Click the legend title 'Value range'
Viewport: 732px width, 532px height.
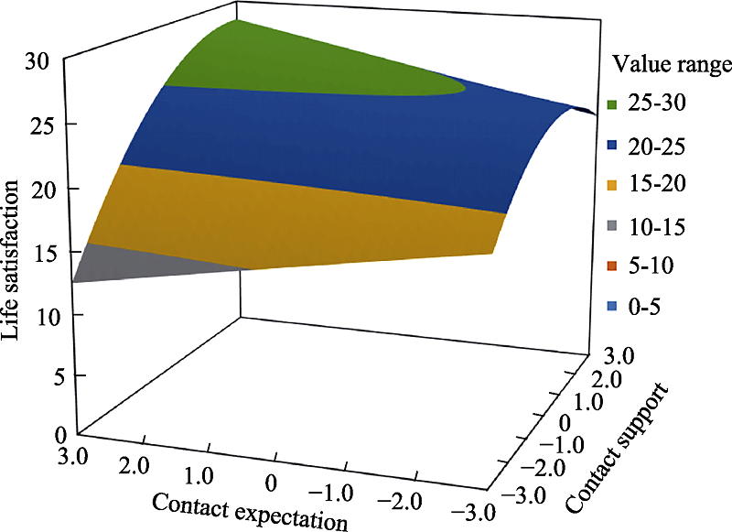click(672, 64)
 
